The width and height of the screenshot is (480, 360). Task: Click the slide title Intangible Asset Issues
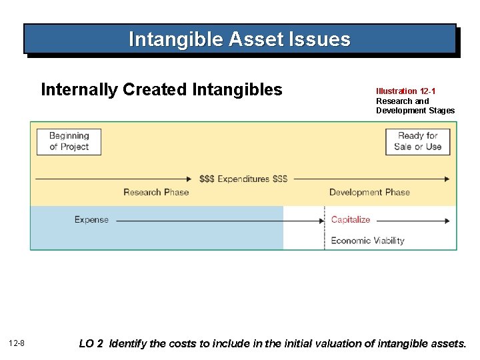pyautogui.click(x=239, y=39)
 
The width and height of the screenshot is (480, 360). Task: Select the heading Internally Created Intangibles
pyautogui.click(x=161, y=90)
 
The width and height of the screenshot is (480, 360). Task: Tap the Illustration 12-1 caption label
pyautogui.click(x=406, y=91)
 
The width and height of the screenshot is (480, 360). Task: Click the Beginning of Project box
pyautogui.click(x=69, y=141)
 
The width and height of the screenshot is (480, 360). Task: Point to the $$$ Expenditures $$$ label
pyautogui.click(x=243, y=179)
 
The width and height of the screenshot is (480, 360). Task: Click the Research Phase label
pyautogui.click(x=156, y=192)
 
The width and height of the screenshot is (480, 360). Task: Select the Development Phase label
pyautogui.click(x=369, y=192)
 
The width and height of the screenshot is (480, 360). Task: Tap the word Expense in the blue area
pyautogui.click(x=91, y=220)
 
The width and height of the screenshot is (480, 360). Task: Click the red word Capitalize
pyautogui.click(x=350, y=220)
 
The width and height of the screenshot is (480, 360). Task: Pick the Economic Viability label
pyautogui.click(x=367, y=241)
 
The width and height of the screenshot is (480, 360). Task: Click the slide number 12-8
pyautogui.click(x=17, y=343)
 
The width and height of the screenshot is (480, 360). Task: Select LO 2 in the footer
pyautogui.click(x=91, y=344)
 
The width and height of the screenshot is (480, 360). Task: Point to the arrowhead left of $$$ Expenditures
pyautogui.click(x=189, y=179)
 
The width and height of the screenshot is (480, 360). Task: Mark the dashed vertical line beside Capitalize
pyautogui.click(x=325, y=230)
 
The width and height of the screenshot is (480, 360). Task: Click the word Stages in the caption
pyautogui.click(x=441, y=111)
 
